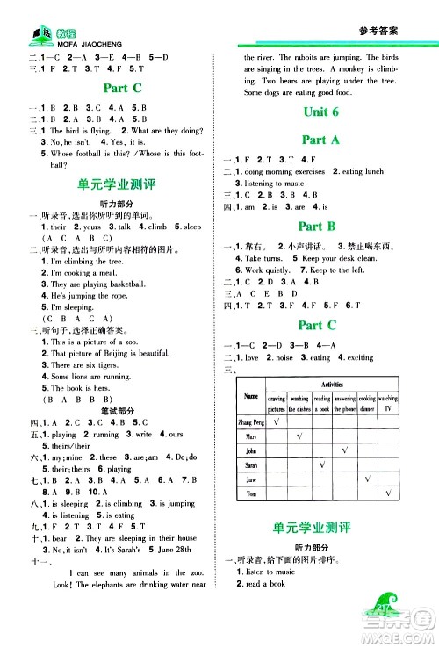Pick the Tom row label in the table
click(251, 495)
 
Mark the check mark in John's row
click(344, 450)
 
